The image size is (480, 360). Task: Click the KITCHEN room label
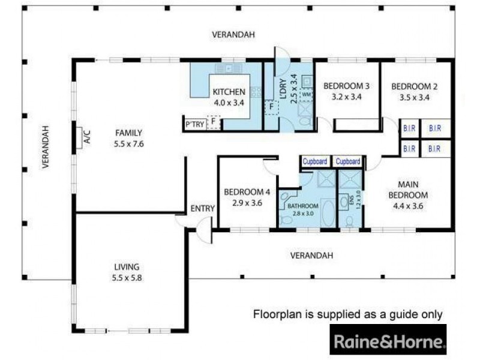click(x=229, y=92)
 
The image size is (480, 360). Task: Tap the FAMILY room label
click(x=129, y=133)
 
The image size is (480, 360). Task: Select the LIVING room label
click(x=127, y=266)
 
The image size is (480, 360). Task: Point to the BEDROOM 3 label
click(x=346, y=86)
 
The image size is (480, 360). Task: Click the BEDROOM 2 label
click(x=414, y=86)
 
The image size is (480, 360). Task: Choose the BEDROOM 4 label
click(x=247, y=192)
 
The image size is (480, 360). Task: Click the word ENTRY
click(x=203, y=208)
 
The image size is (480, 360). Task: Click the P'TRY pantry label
click(x=195, y=125)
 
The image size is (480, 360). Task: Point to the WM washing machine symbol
click(x=306, y=94)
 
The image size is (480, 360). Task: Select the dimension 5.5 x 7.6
click(x=129, y=144)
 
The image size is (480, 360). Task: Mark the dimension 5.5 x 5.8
click(x=127, y=278)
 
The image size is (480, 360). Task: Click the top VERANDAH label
click(x=233, y=35)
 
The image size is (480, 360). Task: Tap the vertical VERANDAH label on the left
click(x=44, y=146)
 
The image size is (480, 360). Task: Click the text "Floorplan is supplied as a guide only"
click(x=348, y=314)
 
